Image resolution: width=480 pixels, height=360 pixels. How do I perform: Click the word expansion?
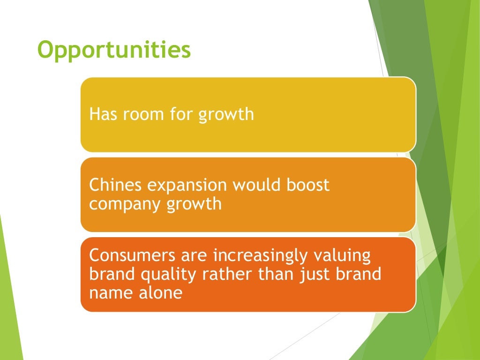pos(181,186)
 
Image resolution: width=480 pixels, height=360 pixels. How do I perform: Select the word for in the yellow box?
pos(181,114)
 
